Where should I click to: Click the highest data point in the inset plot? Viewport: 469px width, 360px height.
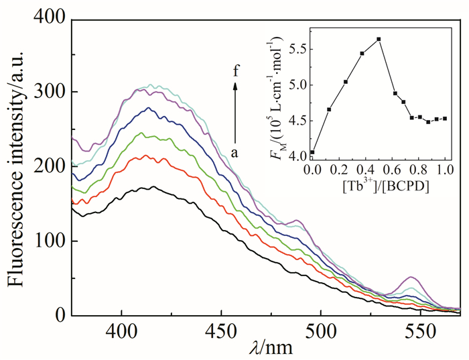pos(379,40)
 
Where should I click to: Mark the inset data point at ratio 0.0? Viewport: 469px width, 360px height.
pos(312,152)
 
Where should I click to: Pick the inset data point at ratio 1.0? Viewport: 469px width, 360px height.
pos(445,119)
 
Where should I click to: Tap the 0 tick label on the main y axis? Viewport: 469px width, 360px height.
pos(59,316)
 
